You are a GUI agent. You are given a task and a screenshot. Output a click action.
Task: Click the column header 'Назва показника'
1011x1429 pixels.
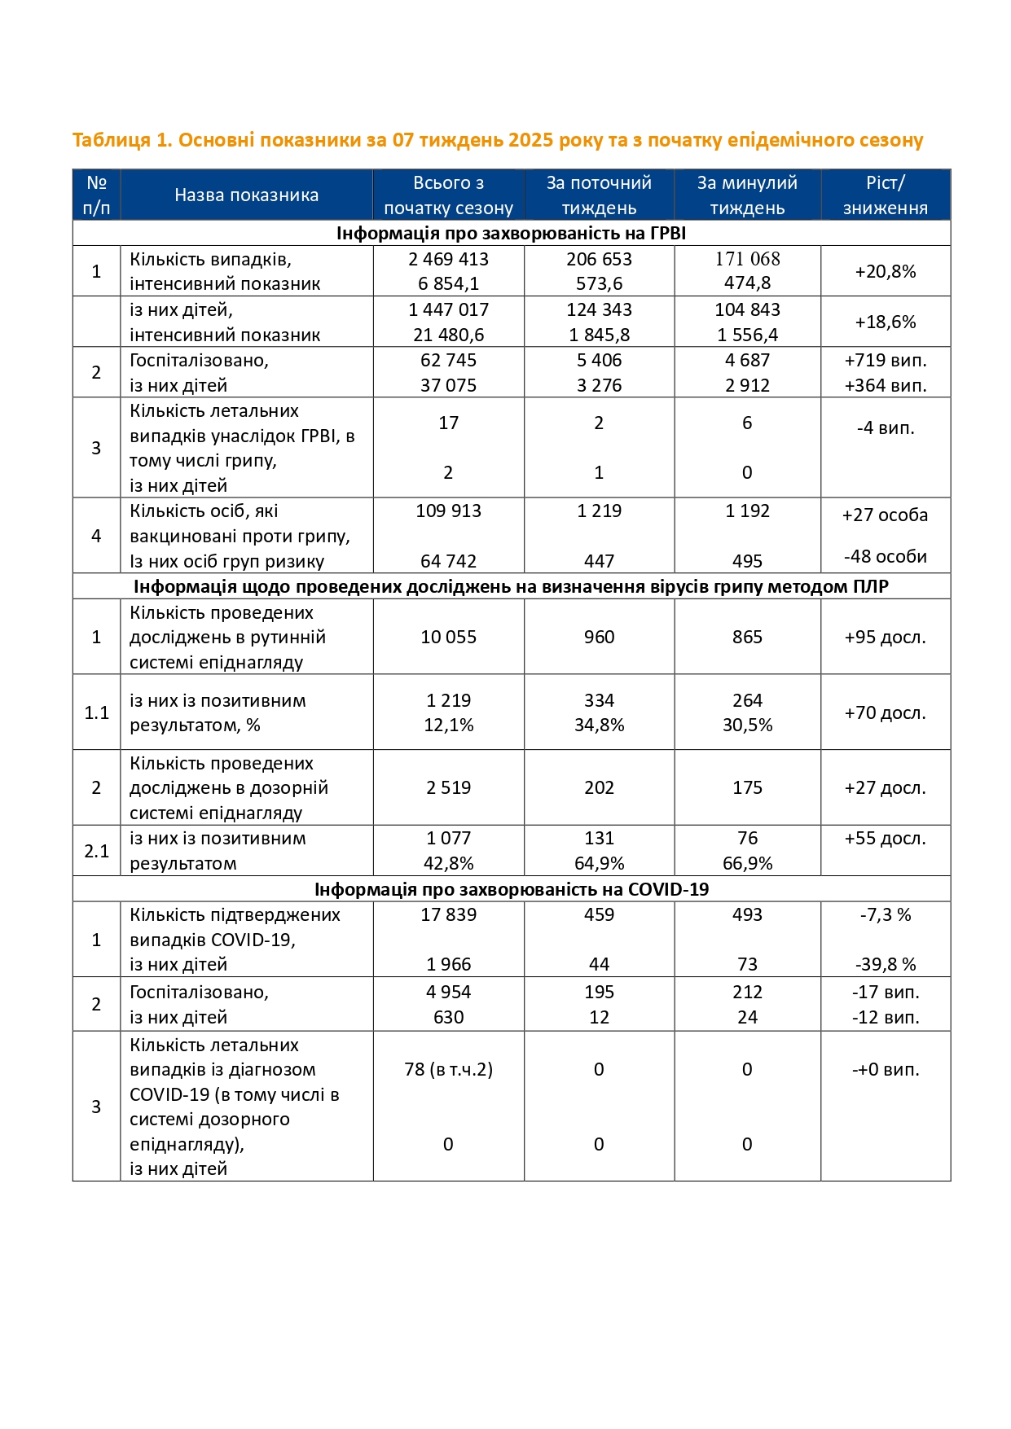click(x=246, y=195)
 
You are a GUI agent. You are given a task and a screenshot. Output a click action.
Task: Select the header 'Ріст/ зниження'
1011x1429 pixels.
click(x=885, y=195)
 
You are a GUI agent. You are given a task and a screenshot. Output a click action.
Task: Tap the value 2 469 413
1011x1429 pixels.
click(x=448, y=259)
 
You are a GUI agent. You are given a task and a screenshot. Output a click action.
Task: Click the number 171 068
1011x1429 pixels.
click(x=747, y=259)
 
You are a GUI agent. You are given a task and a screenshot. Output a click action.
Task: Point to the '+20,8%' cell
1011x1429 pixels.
click(x=885, y=271)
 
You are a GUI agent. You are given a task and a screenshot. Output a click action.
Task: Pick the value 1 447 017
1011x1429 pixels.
click(x=448, y=309)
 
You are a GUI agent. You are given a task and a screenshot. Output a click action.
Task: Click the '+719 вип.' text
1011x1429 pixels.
click(x=885, y=360)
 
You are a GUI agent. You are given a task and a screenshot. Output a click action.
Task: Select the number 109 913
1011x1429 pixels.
click(x=448, y=511)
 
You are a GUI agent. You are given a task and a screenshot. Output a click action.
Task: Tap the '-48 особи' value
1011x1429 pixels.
click(x=885, y=556)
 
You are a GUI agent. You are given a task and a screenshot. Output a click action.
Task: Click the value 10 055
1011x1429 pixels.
click(x=448, y=637)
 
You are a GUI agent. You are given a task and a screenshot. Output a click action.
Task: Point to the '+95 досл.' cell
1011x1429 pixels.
click(x=885, y=637)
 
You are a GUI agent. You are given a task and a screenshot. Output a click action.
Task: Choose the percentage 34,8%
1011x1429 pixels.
click(x=599, y=725)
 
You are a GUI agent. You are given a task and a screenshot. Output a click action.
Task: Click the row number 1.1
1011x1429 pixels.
click(x=96, y=712)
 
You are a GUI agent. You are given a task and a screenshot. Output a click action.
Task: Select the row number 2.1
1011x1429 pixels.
click(x=96, y=851)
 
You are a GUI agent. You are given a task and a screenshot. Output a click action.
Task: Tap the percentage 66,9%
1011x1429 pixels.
click(x=747, y=863)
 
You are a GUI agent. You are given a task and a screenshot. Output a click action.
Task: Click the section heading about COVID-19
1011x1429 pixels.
click(x=512, y=889)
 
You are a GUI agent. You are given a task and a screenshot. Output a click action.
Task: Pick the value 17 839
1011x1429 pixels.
click(x=448, y=914)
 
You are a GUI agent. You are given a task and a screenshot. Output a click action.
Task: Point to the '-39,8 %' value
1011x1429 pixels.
click(x=885, y=964)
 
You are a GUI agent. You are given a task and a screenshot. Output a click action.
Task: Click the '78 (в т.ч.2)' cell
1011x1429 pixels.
click(x=448, y=1069)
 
